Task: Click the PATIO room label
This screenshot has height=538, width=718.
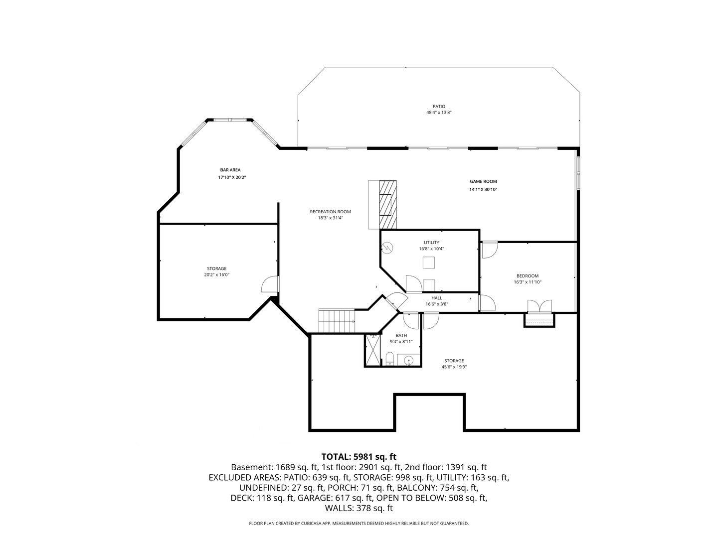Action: coord(439,106)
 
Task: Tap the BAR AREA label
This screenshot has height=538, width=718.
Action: coord(230,170)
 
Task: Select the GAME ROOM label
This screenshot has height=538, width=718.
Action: coord(483,182)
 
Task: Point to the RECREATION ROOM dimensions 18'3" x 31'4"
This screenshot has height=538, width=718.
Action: coord(331,218)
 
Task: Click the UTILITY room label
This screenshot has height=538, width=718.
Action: coord(431,243)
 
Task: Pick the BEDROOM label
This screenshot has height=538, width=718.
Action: coord(527,276)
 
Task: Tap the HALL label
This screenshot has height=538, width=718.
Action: coord(437,298)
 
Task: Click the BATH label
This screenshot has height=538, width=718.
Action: coord(401,335)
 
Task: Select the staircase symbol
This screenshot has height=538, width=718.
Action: coord(337,321)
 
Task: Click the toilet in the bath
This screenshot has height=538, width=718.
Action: coord(390,359)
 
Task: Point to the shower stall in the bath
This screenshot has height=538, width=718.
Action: coord(372,350)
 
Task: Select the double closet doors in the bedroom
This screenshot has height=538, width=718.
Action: coord(539,306)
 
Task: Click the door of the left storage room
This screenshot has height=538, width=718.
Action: coord(270,284)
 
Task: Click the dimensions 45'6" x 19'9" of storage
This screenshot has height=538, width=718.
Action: coord(454,367)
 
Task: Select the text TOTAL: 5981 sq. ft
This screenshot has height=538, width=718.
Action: coord(359,456)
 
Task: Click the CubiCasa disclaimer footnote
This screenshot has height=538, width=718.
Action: coord(359,524)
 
